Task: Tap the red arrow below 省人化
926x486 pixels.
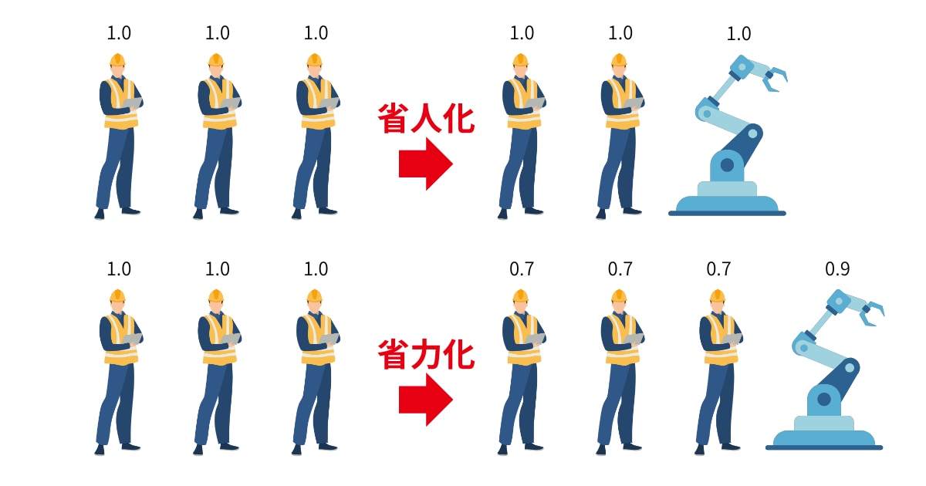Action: click(x=425, y=164)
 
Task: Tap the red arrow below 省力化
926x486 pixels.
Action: click(x=425, y=400)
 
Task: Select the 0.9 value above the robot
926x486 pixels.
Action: click(x=837, y=269)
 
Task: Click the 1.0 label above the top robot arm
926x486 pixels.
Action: click(x=738, y=34)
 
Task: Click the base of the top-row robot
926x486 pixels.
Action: click(x=727, y=202)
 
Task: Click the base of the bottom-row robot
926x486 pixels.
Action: click(x=823, y=437)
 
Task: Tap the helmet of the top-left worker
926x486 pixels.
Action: click(x=117, y=59)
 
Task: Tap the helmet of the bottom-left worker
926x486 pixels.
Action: click(x=117, y=295)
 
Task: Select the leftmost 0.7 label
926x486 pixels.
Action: click(x=522, y=269)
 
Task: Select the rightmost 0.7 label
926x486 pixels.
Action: click(x=718, y=269)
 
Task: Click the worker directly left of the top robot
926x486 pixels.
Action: click(x=620, y=135)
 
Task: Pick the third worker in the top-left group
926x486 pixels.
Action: click(x=315, y=135)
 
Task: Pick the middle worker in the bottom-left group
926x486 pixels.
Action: click(x=216, y=370)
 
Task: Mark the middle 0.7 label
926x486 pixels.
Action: click(x=620, y=269)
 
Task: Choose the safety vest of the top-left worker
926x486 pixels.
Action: click(x=120, y=104)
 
